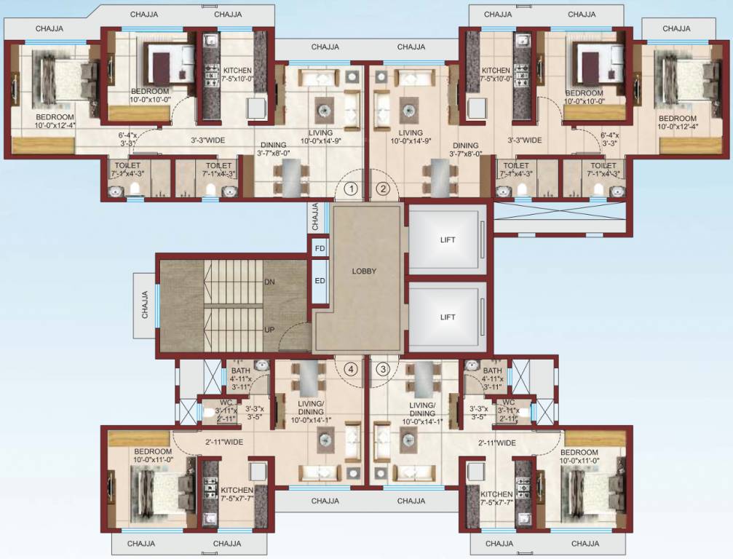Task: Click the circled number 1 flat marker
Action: tap(352, 189)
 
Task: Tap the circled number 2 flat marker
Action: tap(383, 189)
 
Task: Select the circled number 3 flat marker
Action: tap(383, 369)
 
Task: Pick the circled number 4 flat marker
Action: tap(352, 369)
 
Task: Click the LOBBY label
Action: tap(364, 271)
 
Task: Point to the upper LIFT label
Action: tap(448, 239)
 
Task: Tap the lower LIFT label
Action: tap(448, 317)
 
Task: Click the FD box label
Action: tap(319, 248)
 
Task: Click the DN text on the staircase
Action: tap(269, 282)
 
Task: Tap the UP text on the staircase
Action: tap(269, 330)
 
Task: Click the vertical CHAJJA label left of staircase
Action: tap(145, 304)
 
